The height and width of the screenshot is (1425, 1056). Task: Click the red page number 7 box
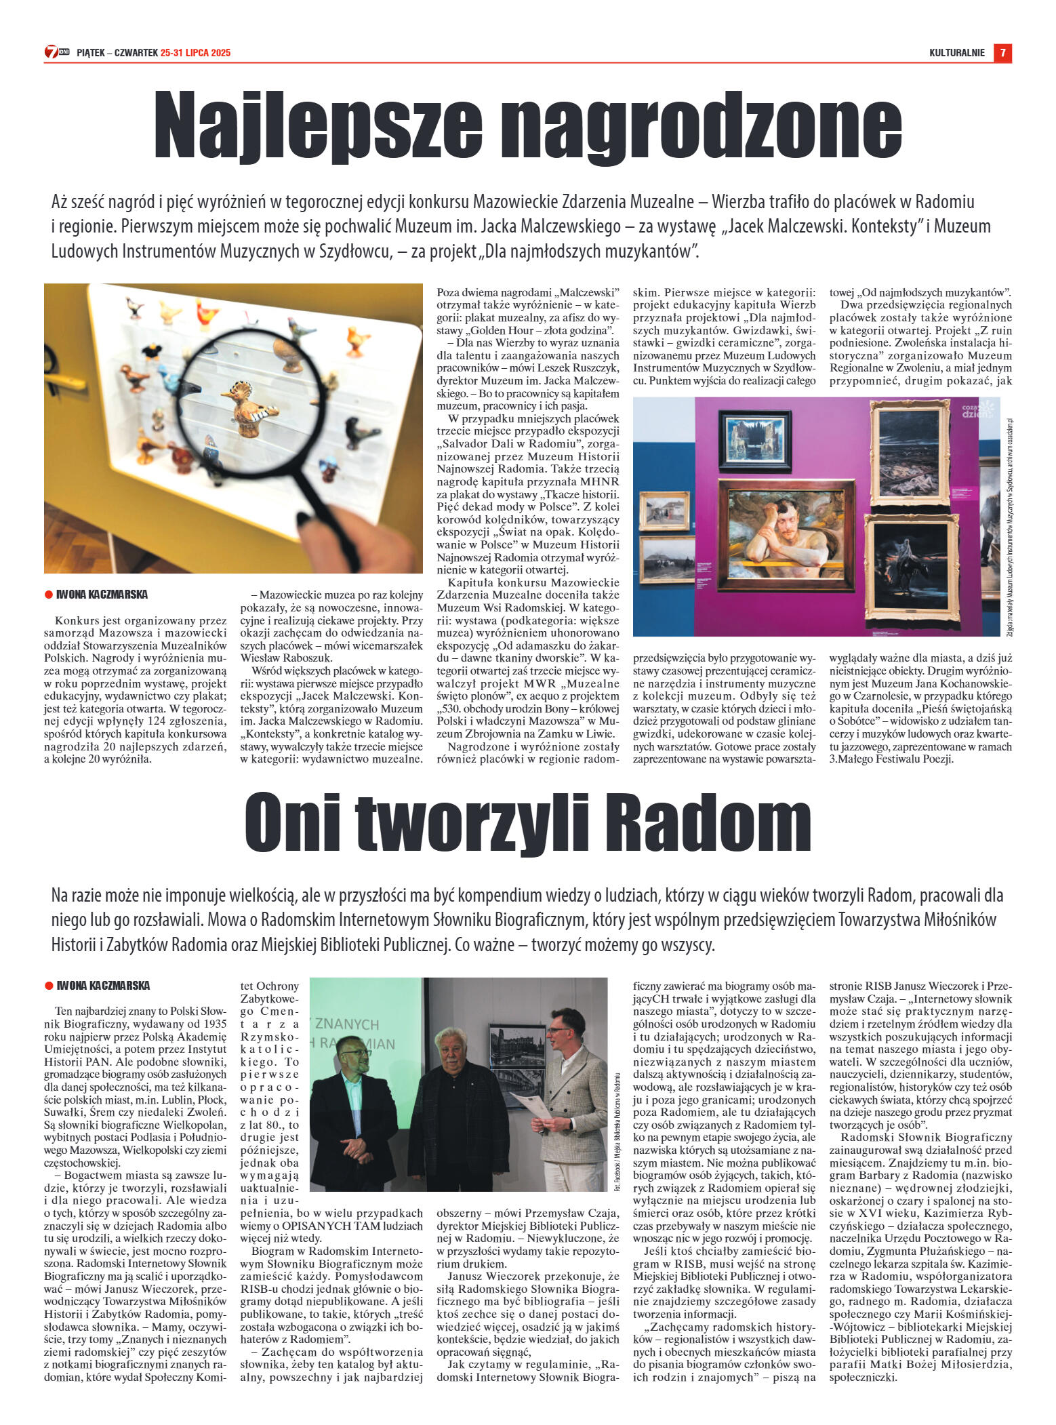point(1002,53)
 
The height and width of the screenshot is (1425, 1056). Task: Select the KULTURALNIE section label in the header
point(956,53)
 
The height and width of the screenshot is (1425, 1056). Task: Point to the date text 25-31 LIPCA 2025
point(195,53)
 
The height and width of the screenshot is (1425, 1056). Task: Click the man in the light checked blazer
point(573,1098)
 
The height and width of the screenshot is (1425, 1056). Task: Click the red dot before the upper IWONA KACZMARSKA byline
point(48,595)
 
